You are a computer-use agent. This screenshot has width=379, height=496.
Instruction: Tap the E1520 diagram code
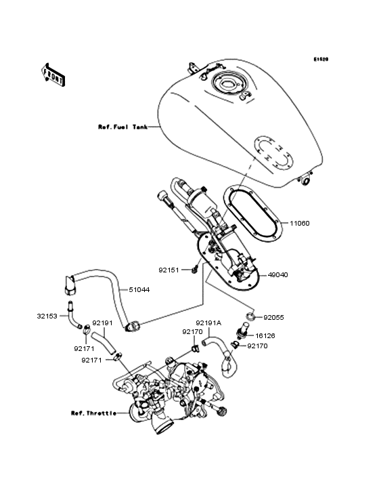320,60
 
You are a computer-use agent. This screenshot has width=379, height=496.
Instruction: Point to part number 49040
298,276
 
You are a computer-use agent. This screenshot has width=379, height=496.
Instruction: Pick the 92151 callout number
170,269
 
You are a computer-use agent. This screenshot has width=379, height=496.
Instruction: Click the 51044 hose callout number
140,289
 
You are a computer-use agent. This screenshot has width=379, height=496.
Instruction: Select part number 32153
47,315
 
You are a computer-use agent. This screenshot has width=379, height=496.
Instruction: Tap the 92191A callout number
208,323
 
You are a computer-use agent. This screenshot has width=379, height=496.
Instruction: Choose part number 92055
274,316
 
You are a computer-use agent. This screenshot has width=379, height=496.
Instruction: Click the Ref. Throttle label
93,413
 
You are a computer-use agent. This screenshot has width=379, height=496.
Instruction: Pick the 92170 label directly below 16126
257,346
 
